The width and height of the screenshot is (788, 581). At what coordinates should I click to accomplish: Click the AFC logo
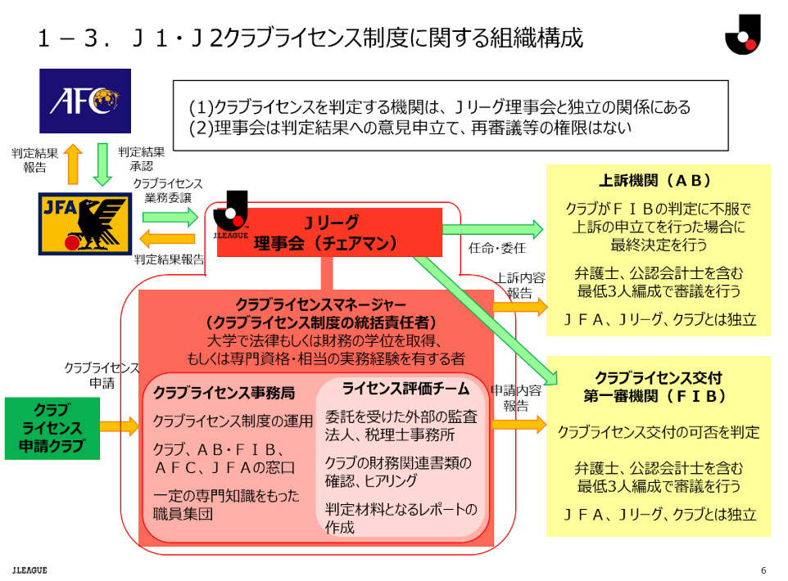tap(84, 101)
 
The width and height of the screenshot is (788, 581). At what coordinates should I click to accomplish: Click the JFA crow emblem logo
tap(84, 223)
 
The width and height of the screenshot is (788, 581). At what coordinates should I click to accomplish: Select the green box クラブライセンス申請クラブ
tap(52, 428)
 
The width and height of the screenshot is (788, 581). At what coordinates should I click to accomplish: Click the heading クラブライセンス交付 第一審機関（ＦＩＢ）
tap(659, 387)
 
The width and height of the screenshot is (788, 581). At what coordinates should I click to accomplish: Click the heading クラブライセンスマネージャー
tap(320, 304)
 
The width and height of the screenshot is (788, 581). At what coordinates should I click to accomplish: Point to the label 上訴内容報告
tap(518, 286)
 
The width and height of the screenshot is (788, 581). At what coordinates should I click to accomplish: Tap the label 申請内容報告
tap(515, 398)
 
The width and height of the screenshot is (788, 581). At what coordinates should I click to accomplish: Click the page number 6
tap(763, 570)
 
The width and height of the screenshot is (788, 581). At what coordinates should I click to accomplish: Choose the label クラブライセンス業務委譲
tap(167, 191)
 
